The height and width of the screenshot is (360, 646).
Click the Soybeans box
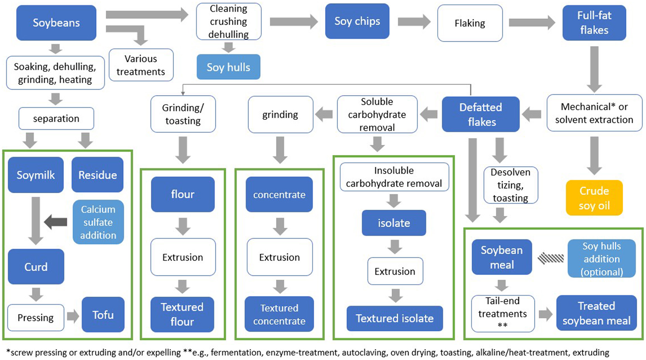pos(56,23)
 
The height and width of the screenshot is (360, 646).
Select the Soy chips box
pos(357,21)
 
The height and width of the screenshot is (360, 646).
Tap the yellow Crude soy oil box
pos(594,198)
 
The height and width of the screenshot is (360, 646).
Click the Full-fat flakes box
pos(594,23)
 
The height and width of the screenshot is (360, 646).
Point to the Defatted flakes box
pos(481,114)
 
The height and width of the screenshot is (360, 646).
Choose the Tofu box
pos(103,315)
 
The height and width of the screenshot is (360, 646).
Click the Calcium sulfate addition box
pos(98,222)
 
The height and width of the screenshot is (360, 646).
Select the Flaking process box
pos(470,23)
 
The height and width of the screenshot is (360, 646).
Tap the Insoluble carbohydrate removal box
pos(394,177)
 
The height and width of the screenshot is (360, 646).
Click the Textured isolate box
pos(395,318)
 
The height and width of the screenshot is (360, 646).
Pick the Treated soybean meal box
pos(596,313)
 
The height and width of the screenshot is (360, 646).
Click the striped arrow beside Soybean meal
pos(551,258)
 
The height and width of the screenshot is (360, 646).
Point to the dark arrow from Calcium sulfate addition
pos(55,222)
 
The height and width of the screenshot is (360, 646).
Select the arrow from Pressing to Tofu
pos(73,316)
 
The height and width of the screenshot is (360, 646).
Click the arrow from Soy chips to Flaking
pos(414,22)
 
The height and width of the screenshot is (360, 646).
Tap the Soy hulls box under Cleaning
pos(229,67)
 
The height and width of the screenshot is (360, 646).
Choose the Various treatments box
pos(141,65)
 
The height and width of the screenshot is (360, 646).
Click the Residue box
pos(97,175)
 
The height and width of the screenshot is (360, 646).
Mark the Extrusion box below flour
pos(183,257)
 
